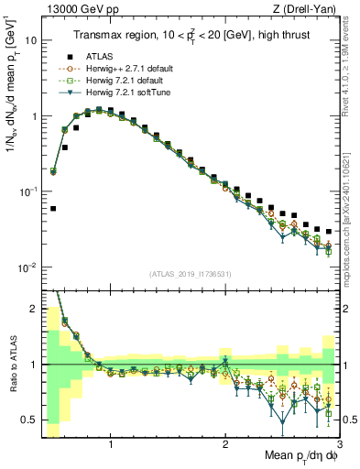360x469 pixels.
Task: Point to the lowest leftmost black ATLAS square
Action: click(x=53, y=209)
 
